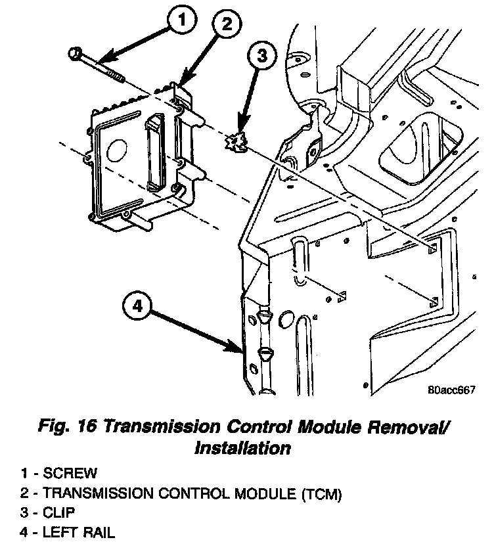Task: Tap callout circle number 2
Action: pyautogui.click(x=225, y=26)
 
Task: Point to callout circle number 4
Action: pyautogui.click(x=137, y=306)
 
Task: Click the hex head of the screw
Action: pyautogui.click(x=74, y=51)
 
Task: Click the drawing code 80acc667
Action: pyautogui.click(x=451, y=390)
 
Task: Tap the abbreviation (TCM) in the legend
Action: pyautogui.click(x=320, y=492)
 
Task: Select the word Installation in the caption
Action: pyautogui.click(x=242, y=449)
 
